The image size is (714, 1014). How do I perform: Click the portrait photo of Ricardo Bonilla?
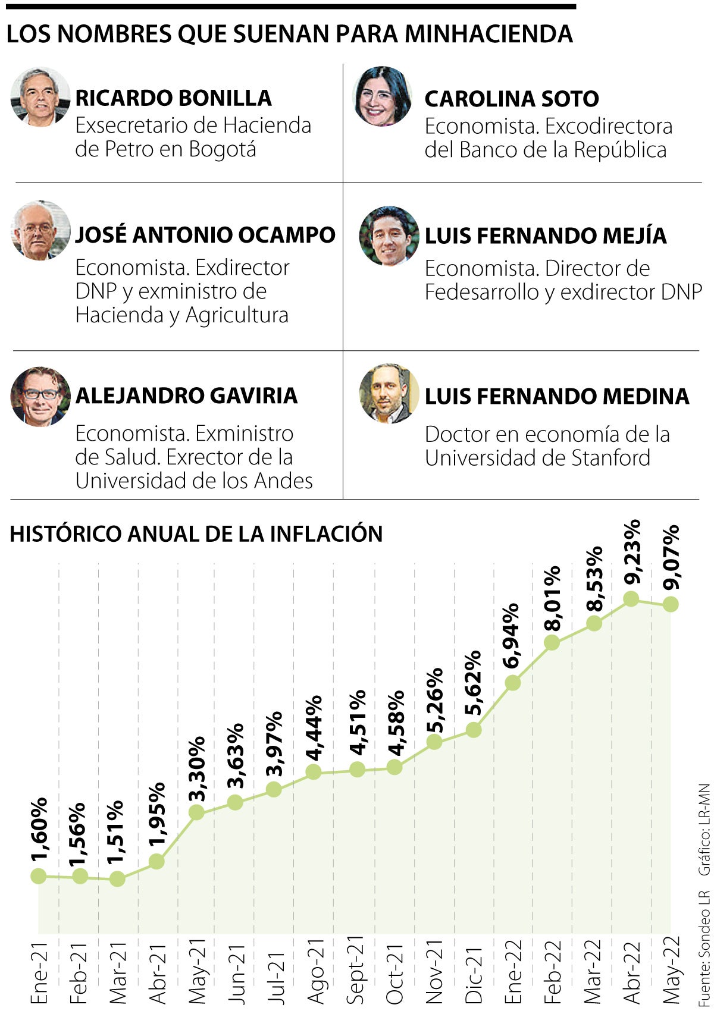[40, 97]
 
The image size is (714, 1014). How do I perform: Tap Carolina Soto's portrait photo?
[382, 96]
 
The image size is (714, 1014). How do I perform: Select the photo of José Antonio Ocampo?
[40, 231]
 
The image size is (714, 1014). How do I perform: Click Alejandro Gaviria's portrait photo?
[40, 396]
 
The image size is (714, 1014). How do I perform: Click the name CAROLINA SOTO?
[511, 99]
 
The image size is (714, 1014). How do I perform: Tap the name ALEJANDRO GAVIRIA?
[186, 395]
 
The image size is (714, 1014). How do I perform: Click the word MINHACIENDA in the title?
[488, 34]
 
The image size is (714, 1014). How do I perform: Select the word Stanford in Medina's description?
[611, 458]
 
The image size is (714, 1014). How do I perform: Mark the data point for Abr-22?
[631, 598]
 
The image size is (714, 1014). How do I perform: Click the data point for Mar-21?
[117, 879]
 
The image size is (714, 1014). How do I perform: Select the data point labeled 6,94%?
[512, 683]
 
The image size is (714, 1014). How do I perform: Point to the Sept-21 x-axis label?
[356, 970]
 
